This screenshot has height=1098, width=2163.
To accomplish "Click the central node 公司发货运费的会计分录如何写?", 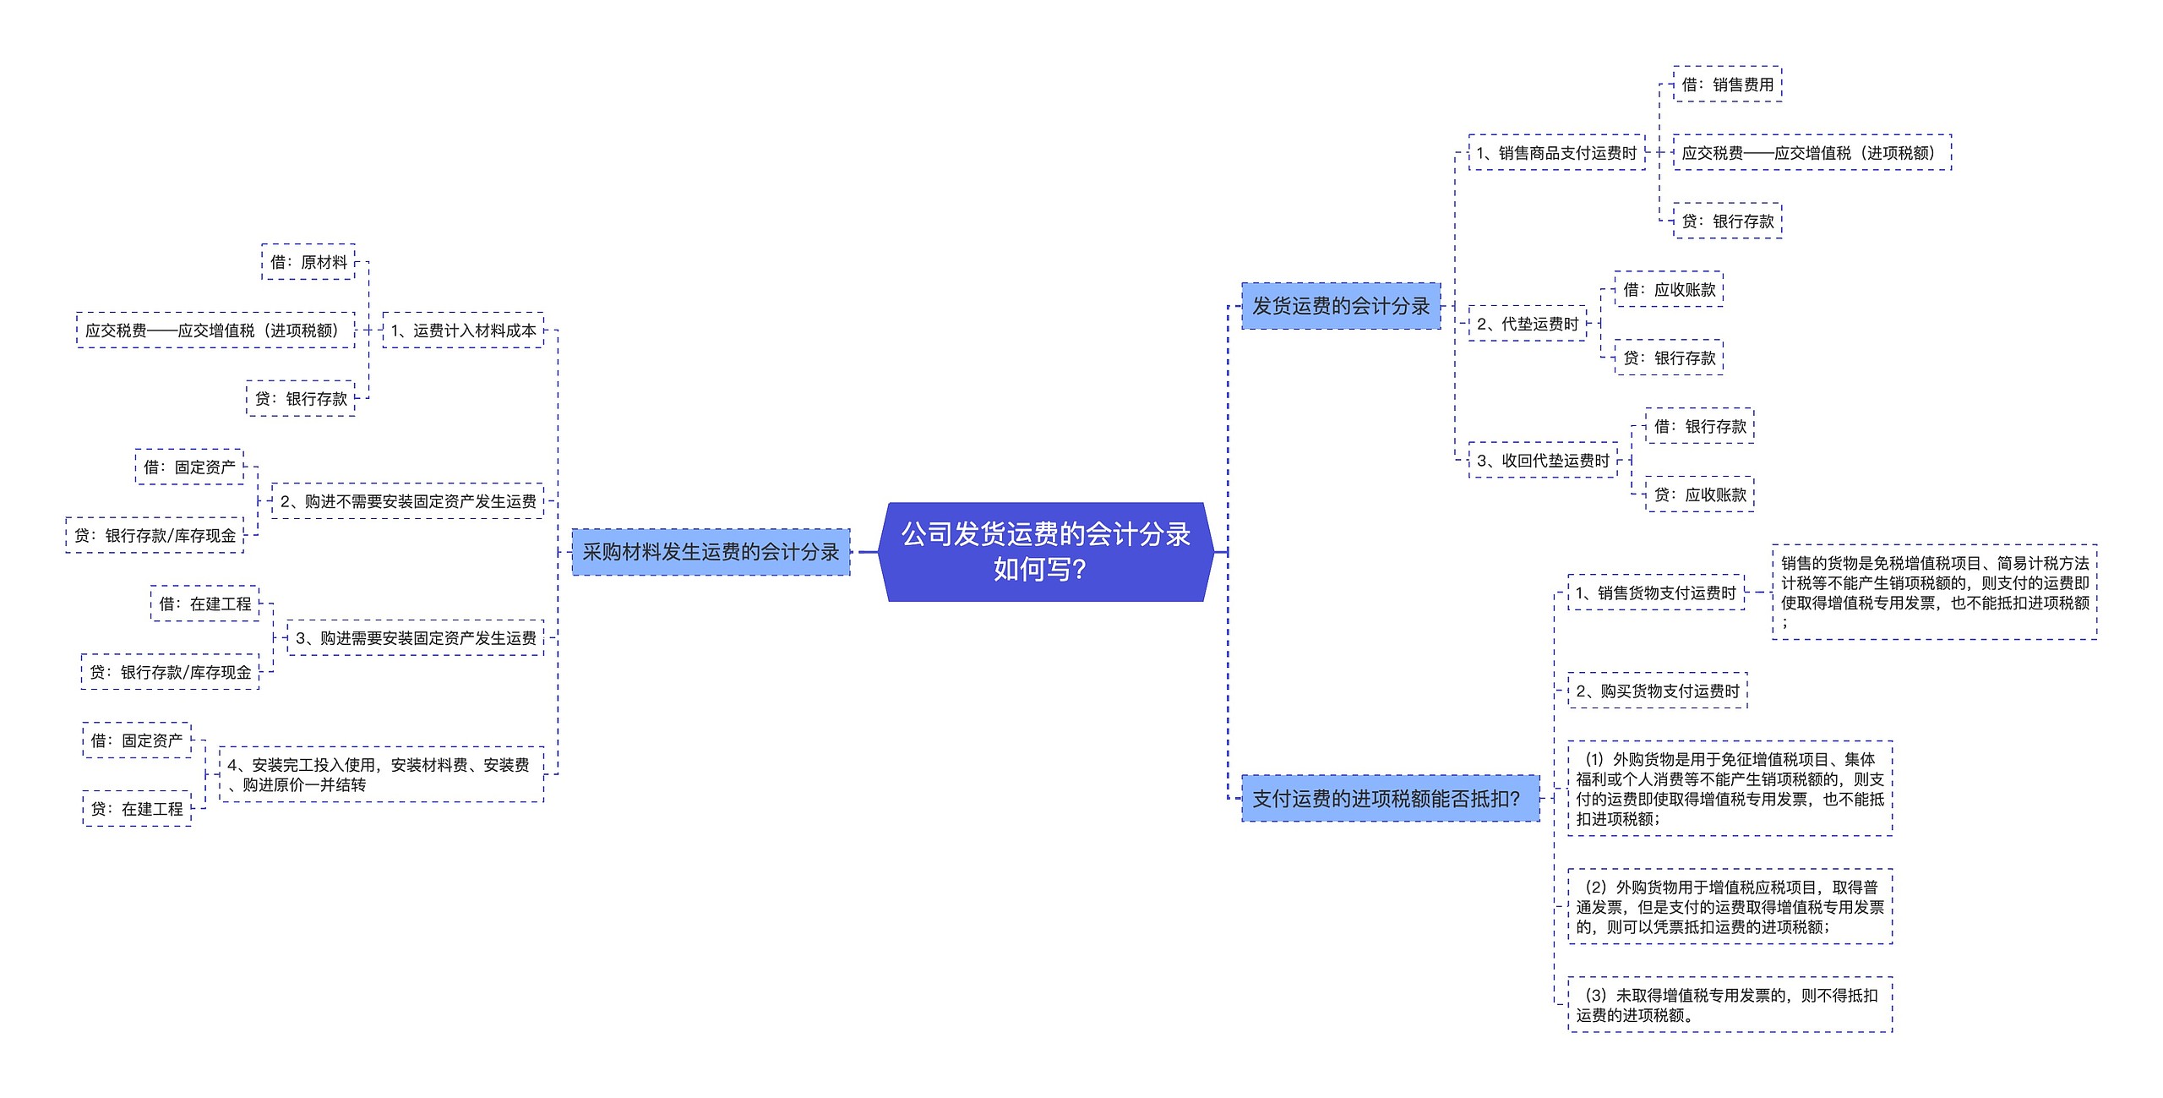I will pyautogui.click(x=1046, y=552).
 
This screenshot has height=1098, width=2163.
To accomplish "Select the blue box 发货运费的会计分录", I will pyautogui.click(x=1341, y=306).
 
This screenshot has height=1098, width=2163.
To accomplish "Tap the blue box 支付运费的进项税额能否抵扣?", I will pyautogui.click(x=1390, y=798).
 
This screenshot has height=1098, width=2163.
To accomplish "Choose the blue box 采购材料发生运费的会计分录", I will pyautogui.click(x=711, y=552).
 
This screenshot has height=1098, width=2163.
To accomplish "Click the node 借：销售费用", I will pyautogui.click(x=1727, y=85).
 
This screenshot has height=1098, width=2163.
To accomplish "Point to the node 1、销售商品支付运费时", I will pyautogui.click(x=1556, y=153).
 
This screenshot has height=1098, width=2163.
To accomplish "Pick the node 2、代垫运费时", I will pyautogui.click(x=1528, y=324).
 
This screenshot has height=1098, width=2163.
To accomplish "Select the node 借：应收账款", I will pyautogui.click(x=1669, y=290).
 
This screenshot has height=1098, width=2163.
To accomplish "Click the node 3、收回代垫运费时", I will pyautogui.click(x=1543, y=461).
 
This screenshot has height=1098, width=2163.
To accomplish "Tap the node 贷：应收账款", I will pyautogui.click(x=1699, y=494).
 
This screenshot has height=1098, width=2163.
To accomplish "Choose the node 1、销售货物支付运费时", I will pyautogui.click(x=1656, y=593).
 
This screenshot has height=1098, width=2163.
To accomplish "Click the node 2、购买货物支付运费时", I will pyautogui.click(x=1657, y=691).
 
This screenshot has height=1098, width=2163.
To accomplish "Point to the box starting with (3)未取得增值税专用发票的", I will pyautogui.click(x=1730, y=1005).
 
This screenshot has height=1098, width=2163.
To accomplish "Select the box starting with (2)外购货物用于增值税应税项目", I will pyautogui.click(x=1730, y=907).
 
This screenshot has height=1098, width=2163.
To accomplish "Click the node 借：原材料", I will pyautogui.click(x=308, y=262).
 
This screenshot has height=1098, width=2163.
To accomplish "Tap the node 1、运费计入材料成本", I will pyautogui.click(x=463, y=330).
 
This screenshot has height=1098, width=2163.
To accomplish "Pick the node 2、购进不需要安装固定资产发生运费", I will pyautogui.click(x=407, y=501).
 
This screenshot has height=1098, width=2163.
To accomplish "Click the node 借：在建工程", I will pyautogui.click(x=205, y=604).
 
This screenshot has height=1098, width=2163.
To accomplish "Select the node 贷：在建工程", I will pyautogui.click(x=137, y=809).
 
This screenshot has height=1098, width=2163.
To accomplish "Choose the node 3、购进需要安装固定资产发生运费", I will pyautogui.click(x=415, y=638).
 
